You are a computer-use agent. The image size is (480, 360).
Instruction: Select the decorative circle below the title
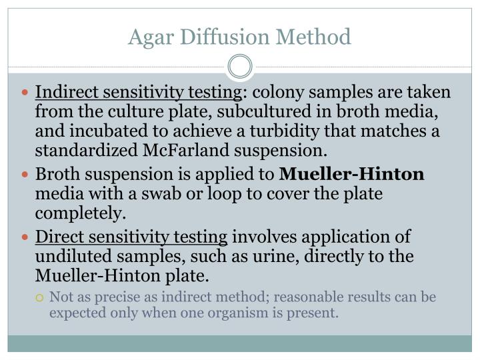coord(240,67)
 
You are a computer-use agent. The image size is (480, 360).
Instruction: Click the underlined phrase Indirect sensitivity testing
coord(139,91)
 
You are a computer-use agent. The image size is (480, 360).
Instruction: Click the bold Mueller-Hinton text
coord(352,175)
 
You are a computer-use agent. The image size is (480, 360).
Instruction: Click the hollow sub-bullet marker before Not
coord(41,297)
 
